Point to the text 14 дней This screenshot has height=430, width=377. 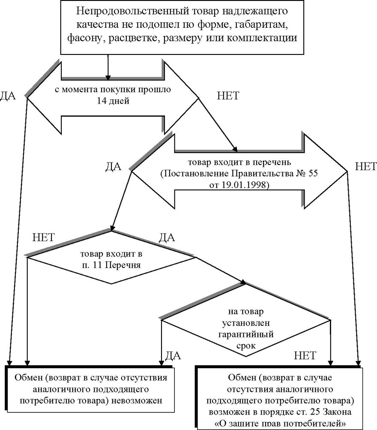[x=113, y=101]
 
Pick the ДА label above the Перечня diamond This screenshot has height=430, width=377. [x=166, y=237]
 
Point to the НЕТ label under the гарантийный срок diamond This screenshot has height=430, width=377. [x=305, y=355]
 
